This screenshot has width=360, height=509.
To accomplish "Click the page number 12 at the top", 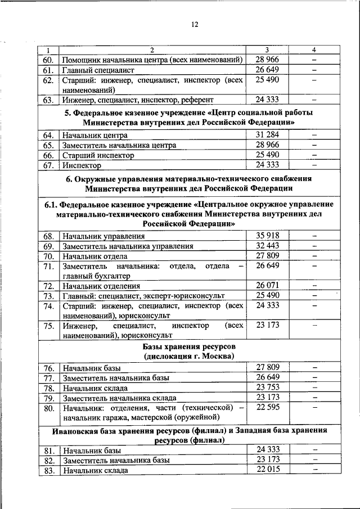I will [x=195, y=24].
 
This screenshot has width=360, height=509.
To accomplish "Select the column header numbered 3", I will [x=267, y=51].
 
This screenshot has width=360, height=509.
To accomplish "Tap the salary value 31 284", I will [x=267, y=135].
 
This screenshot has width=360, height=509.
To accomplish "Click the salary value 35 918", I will [x=267, y=236].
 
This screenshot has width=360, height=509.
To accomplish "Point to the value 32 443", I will [x=267, y=246].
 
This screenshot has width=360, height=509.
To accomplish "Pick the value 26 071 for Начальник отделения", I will [x=267, y=285].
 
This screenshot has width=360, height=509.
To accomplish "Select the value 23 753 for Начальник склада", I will [x=267, y=388].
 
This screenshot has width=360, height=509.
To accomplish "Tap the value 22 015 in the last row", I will [x=267, y=470].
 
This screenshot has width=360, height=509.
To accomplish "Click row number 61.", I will [x=48, y=70].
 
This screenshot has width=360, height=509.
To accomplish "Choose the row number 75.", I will [x=48, y=326].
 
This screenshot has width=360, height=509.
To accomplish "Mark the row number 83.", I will [x=48, y=470].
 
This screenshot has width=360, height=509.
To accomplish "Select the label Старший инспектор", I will [x=98, y=155].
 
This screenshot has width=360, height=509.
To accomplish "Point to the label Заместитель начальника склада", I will [x=119, y=398].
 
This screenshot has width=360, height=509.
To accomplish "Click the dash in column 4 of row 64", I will [x=314, y=135].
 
